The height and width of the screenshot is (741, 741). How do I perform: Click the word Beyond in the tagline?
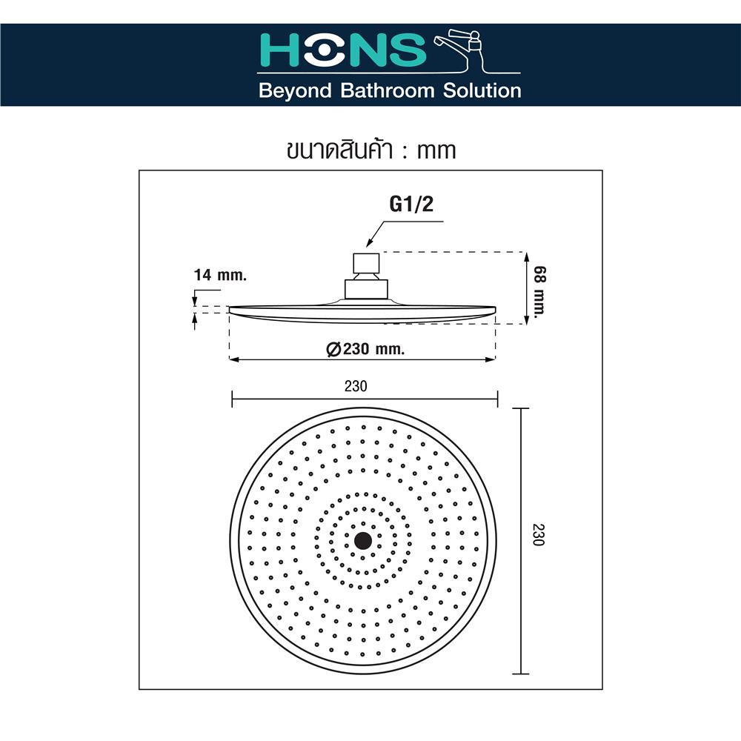[293, 91]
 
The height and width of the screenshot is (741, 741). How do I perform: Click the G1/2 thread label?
[412, 205]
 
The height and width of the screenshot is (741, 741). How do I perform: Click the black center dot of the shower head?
[363, 540]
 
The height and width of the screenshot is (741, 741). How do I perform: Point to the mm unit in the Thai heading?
[436, 150]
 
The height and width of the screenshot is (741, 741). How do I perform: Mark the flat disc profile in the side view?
[362, 313]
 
